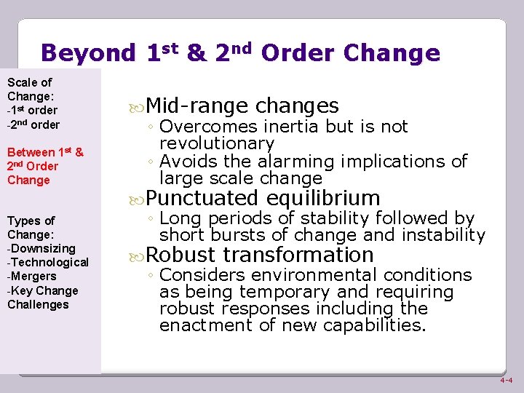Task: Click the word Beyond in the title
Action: [x=88, y=53]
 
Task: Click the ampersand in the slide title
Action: [x=196, y=53]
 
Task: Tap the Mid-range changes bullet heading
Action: [x=242, y=106]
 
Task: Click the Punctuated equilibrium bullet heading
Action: [x=263, y=198]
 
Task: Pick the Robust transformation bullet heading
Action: [x=260, y=255]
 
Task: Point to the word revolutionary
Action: [x=217, y=143]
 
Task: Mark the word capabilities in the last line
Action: [x=375, y=325]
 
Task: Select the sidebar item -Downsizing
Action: [x=41, y=248]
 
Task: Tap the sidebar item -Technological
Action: [x=48, y=262]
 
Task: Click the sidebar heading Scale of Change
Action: [x=30, y=90]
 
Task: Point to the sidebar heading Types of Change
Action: [x=31, y=227]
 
